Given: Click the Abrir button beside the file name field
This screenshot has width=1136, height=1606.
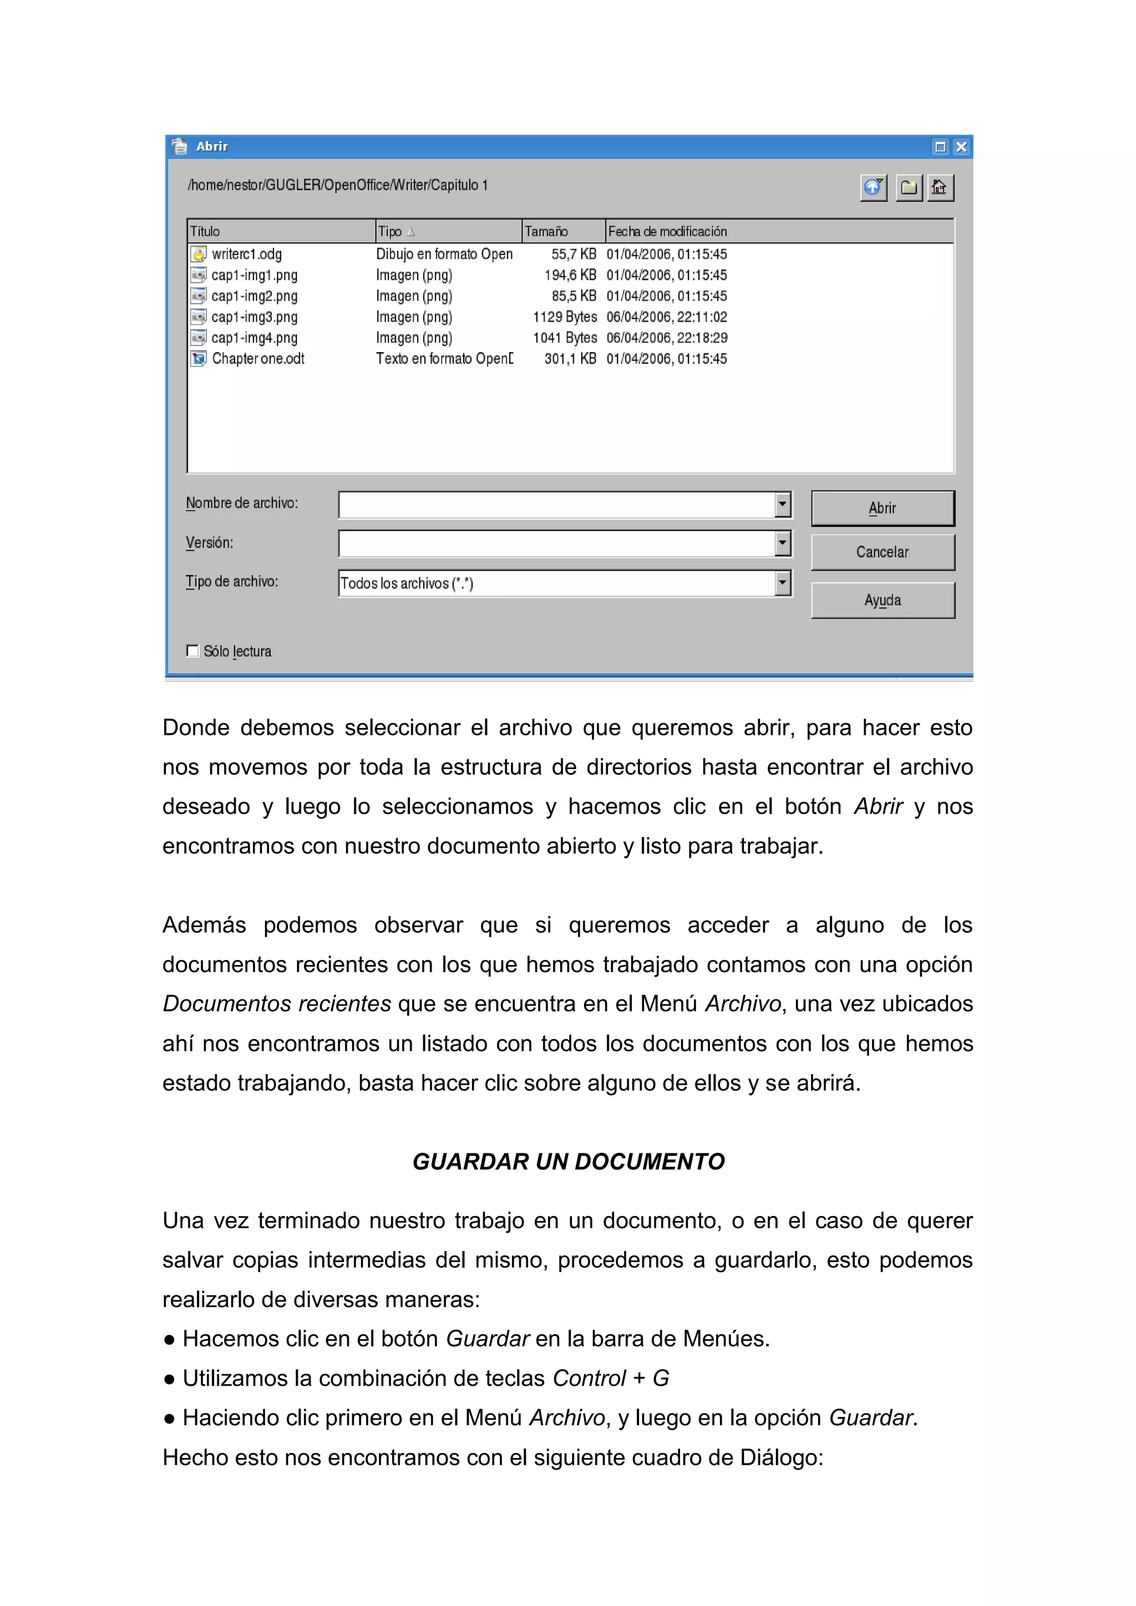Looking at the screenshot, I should tap(882, 508).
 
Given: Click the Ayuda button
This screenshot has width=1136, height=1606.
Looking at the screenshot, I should tap(882, 600).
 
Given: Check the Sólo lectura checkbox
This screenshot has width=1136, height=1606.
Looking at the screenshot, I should tap(192, 650).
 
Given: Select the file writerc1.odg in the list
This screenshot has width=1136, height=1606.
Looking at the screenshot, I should tap(246, 254).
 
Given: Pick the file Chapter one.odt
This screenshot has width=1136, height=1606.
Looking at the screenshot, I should tap(257, 359).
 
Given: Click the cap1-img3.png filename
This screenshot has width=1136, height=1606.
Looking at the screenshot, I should tap(254, 317).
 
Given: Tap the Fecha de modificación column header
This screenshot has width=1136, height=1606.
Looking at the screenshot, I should tap(667, 231).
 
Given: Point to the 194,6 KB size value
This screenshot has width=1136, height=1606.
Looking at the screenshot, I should tap(570, 275).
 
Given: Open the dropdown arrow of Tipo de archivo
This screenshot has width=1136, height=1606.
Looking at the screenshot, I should tap(783, 583).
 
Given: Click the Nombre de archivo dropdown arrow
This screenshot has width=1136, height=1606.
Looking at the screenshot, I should tap(783, 504).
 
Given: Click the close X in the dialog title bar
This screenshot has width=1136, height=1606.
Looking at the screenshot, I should tap(961, 146).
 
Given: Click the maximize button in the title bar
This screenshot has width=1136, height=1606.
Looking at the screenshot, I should tap(940, 146).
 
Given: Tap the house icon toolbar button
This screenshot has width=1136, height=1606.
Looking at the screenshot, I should tap(940, 187).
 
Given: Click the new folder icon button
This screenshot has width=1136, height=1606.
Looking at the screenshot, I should tap(909, 187).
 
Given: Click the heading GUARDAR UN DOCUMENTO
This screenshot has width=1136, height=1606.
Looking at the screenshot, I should tap(568, 1162).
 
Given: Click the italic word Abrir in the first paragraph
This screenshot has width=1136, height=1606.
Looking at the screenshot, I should tap(878, 806).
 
